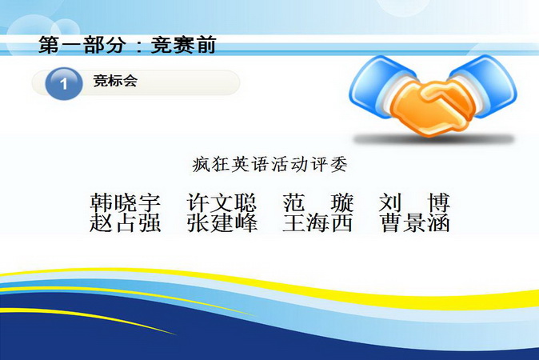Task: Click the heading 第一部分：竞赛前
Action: pos(127,45)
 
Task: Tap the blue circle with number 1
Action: pos(64,83)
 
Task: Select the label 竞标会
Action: pos(115,81)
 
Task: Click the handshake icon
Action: pos(433,95)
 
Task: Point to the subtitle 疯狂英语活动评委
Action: pos(269,164)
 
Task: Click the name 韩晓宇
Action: pos(126,202)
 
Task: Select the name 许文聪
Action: pos(222,202)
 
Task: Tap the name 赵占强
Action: pos(126,223)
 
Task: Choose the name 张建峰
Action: pos(222,223)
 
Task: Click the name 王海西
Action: pos(318,223)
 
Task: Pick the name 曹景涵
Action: pos(415,223)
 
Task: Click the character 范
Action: pos(294,202)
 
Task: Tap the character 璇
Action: pos(342,202)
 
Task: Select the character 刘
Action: pos(390,202)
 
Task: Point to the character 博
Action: pos(439,202)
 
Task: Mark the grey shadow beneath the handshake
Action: pos(433,139)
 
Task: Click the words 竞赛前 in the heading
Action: pos(184,45)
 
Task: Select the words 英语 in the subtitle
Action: pos(250,164)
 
